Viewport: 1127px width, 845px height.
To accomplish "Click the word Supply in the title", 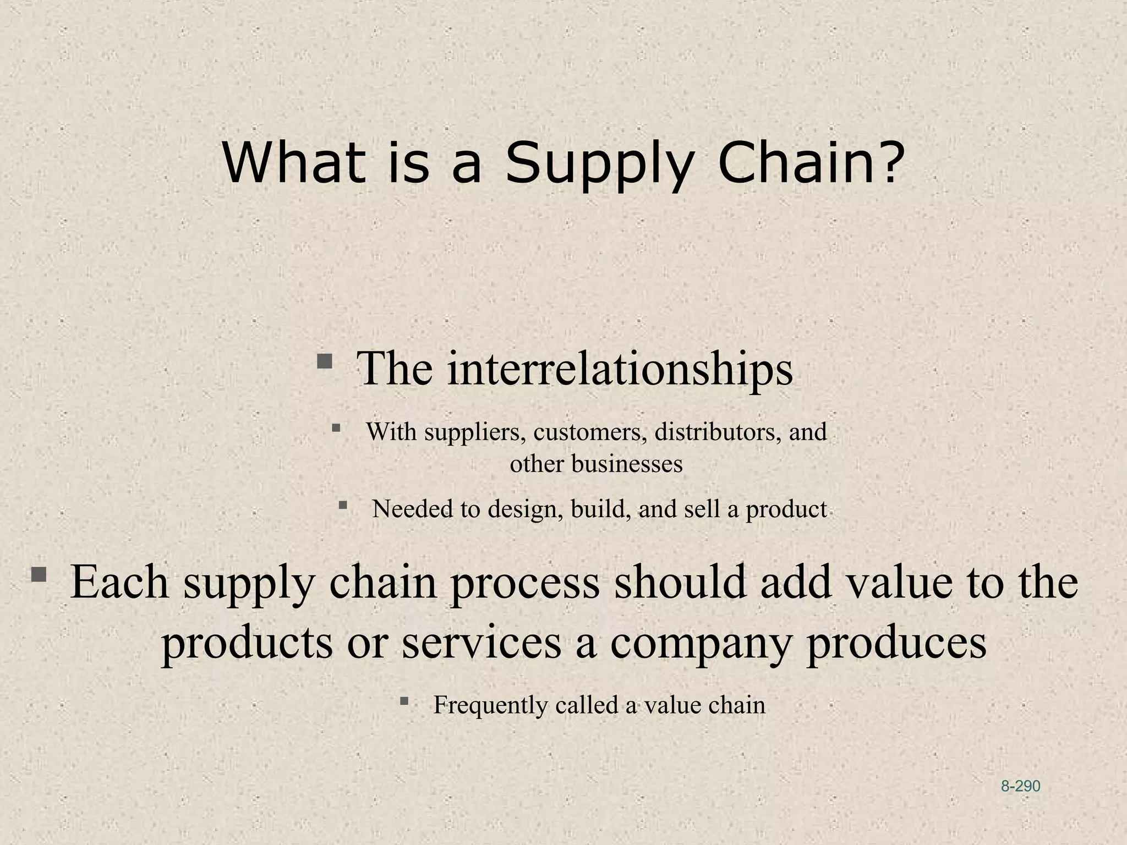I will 597,164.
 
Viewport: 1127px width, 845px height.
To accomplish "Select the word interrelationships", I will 620,368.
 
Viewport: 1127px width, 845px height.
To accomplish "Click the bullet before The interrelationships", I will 325,362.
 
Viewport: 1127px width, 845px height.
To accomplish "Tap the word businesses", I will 627,464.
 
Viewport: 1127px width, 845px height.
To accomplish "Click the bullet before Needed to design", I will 343,505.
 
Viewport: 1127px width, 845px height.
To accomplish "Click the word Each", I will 119,582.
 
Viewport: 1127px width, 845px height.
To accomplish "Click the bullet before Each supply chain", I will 39,575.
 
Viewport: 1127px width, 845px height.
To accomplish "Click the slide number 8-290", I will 1020,786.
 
